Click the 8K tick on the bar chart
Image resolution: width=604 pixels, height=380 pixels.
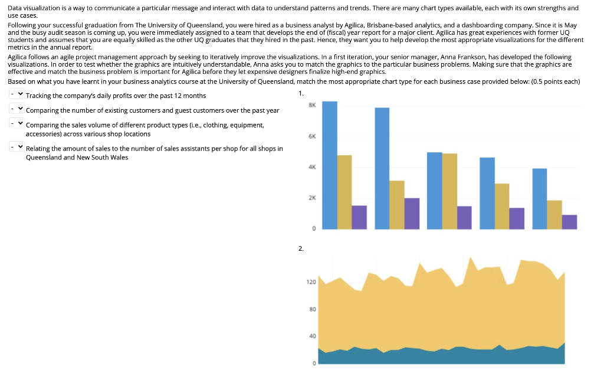313,104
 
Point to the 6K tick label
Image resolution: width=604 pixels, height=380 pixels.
313,136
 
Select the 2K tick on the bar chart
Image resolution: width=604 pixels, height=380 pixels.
313,198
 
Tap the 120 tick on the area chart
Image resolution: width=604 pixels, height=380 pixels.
311,283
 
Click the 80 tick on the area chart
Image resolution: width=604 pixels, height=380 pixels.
313,309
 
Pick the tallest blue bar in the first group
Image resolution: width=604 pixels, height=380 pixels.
330,165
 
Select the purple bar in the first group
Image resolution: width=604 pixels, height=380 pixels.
359,217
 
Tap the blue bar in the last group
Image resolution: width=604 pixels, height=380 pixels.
540,199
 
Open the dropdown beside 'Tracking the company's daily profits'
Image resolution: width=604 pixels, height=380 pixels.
17,95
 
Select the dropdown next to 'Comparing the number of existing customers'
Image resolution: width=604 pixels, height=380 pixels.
17,110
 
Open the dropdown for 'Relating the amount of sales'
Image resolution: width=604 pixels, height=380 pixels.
17,148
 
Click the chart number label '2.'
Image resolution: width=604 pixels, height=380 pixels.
301,249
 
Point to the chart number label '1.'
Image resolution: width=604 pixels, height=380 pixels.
301,93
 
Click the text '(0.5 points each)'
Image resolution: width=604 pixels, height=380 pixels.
555,81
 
